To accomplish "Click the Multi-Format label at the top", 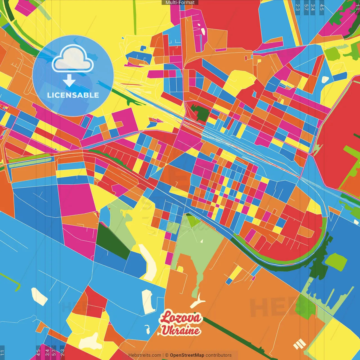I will [180, 3].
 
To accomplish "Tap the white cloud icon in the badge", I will [73, 59].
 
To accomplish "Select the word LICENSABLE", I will [73, 95].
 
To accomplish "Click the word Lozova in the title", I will [181, 318].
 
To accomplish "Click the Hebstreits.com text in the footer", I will [145, 355].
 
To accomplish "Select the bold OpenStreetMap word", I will [187, 355].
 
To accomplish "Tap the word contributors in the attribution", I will [219, 355].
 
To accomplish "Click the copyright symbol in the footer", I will [166, 355].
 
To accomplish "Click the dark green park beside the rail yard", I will [200, 112].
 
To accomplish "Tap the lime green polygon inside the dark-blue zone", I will [336, 262].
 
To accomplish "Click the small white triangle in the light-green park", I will [202, 241].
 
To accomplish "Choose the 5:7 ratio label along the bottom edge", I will [54, 352].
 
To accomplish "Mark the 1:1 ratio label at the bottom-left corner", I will [2, 353].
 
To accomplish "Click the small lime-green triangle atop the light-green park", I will [193, 220].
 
